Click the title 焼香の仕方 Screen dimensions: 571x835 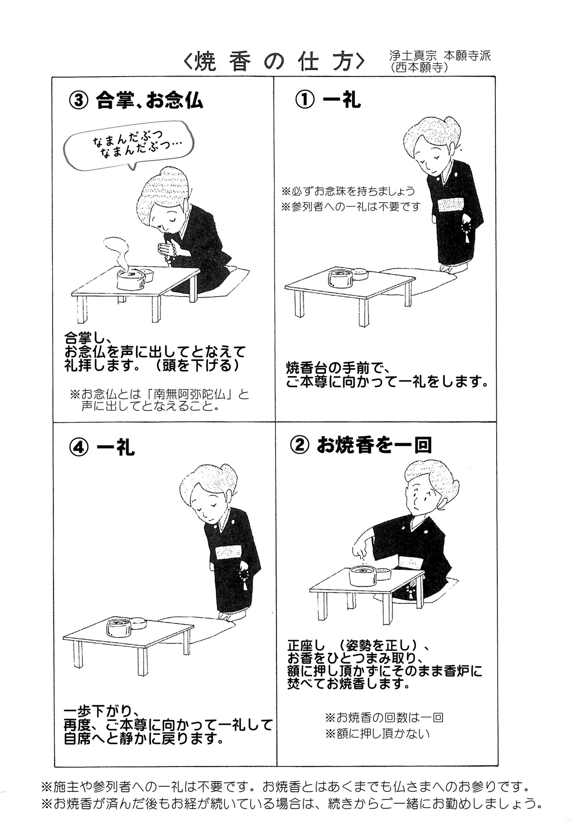point(275,61)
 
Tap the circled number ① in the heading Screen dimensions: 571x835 point(305,100)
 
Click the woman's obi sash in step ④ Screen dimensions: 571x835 point(228,553)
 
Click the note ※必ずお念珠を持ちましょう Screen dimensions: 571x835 point(348,191)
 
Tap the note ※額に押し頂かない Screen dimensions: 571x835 point(377,734)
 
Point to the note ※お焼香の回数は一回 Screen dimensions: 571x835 point(384,717)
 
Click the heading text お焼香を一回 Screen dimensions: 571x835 point(374,446)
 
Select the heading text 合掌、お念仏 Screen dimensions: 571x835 point(149,100)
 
